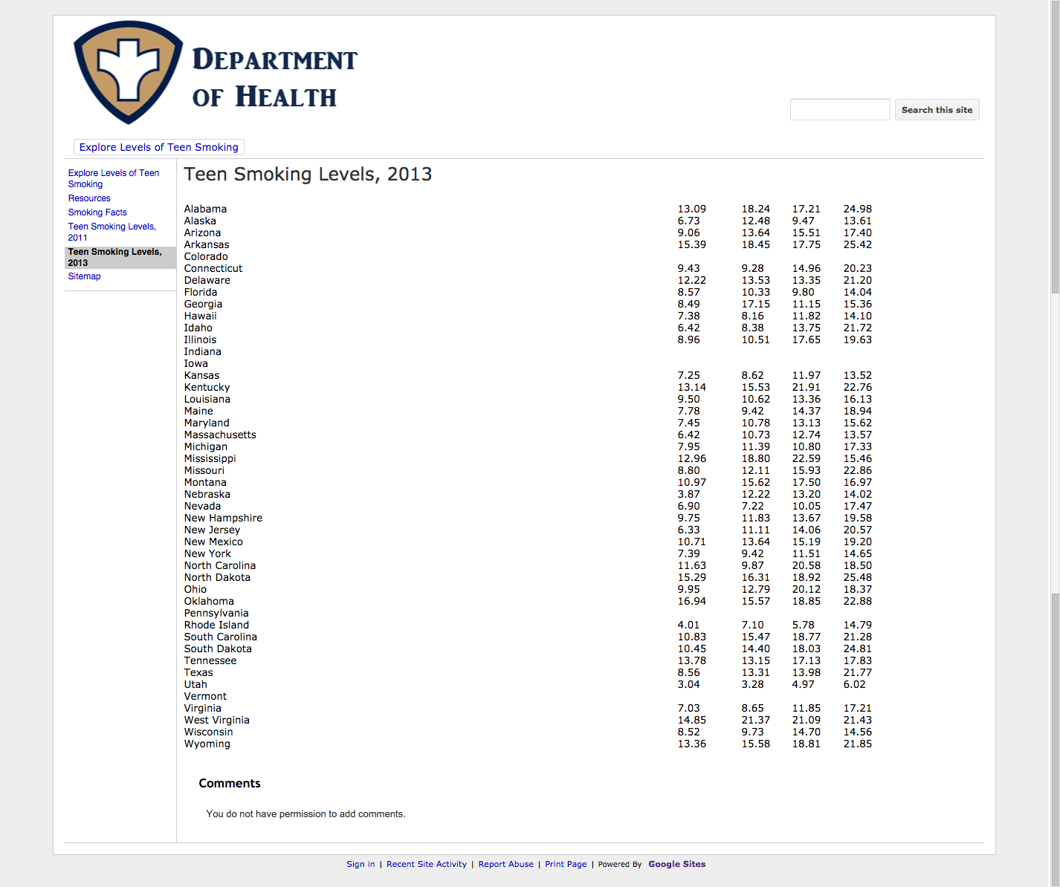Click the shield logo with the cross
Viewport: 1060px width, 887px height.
pyautogui.click(x=128, y=71)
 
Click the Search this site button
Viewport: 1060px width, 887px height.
pyautogui.click(x=937, y=110)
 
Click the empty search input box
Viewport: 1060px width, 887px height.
pyautogui.click(x=839, y=110)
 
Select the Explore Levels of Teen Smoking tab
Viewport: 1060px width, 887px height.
pyautogui.click(x=159, y=147)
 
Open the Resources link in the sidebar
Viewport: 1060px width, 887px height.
pyautogui.click(x=89, y=198)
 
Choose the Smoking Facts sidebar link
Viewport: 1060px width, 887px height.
pyautogui.click(x=97, y=212)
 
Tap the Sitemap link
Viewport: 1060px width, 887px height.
pyautogui.click(x=84, y=276)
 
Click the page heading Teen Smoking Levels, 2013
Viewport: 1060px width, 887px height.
pyautogui.click(x=308, y=175)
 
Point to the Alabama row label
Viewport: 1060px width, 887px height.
pyautogui.click(x=205, y=209)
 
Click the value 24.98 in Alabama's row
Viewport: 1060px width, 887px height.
pyautogui.click(x=857, y=209)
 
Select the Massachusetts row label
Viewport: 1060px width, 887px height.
pyautogui.click(x=220, y=435)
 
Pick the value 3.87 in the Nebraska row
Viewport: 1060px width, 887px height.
pyautogui.click(x=688, y=495)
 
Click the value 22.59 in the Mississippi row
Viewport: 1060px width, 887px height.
pyautogui.click(x=806, y=459)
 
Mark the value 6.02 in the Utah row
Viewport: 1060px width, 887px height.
pyautogui.click(x=854, y=685)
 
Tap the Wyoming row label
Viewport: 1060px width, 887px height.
pyautogui.click(x=207, y=744)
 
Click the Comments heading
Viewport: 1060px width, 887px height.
pyautogui.click(x=230, y=783)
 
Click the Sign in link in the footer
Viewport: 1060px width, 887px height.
pyautogui.click(x=361, y=864)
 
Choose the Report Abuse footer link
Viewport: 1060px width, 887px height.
pyautogui.click(x=505, y=864)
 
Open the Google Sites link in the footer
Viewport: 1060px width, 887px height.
pyautogui.click(x=676, y=864)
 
